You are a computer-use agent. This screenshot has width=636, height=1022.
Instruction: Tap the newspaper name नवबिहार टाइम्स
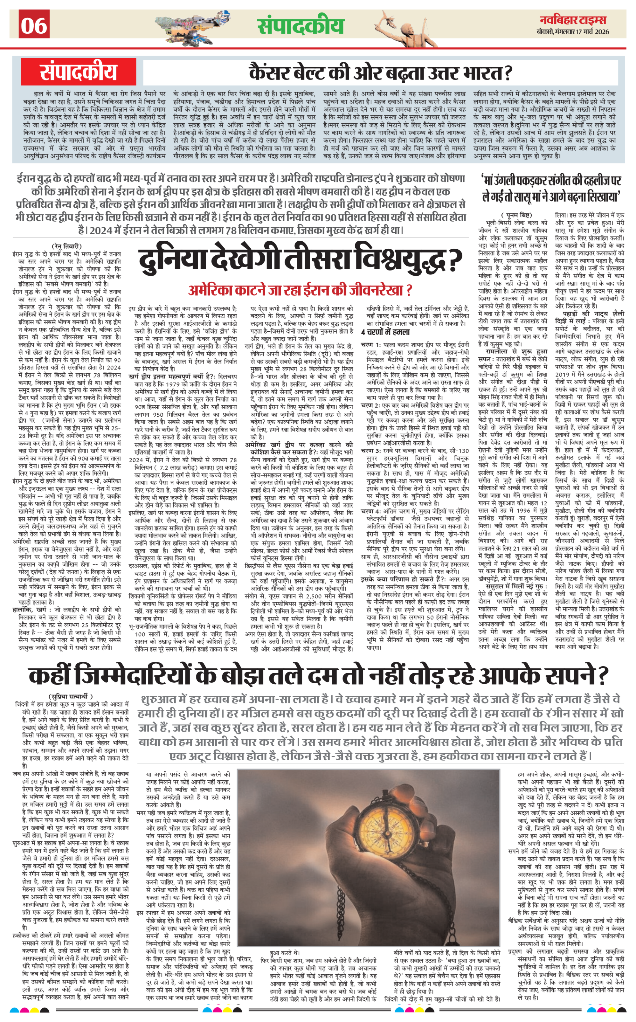(573, 20)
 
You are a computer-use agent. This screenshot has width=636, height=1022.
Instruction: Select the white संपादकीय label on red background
(79, 72)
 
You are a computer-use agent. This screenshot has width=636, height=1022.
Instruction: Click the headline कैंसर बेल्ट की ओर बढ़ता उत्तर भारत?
(381, 73)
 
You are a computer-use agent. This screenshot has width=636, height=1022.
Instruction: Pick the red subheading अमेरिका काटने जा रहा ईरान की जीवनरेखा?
(300, 290)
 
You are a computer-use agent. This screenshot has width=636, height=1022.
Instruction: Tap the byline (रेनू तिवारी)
(66, 246)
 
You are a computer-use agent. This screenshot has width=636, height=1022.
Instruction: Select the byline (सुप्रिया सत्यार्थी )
(70, 696)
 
